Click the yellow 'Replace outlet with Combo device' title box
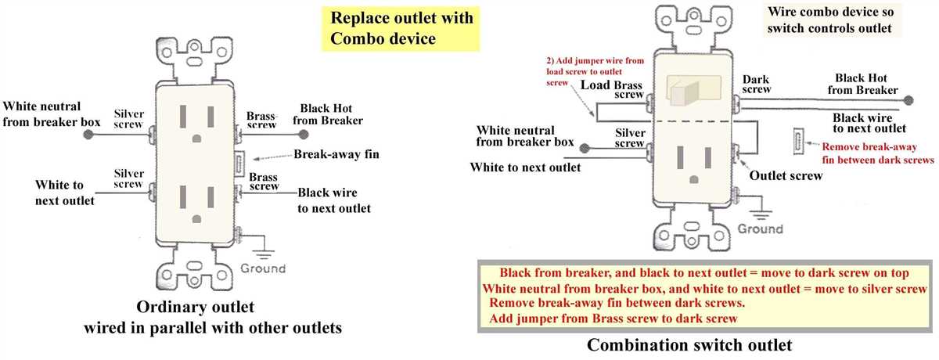(401, 28)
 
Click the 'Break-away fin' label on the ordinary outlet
(336, 154)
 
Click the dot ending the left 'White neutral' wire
(88, 135)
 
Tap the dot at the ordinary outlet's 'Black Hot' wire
(304, 135)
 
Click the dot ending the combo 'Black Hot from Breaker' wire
(908, 101)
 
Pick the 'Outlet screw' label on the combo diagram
(786, 175)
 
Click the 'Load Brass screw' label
(612, 90)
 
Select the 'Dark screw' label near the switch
(756, 85)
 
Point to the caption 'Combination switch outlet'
(689, 345)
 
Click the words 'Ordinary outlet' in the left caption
(196, 307)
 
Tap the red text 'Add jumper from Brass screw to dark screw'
(613, 319)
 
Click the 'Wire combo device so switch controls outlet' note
(830, 20)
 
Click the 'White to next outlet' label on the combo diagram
(525, 167)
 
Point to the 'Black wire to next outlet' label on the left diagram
(334, 200)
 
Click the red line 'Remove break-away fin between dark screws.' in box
(617, 303)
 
